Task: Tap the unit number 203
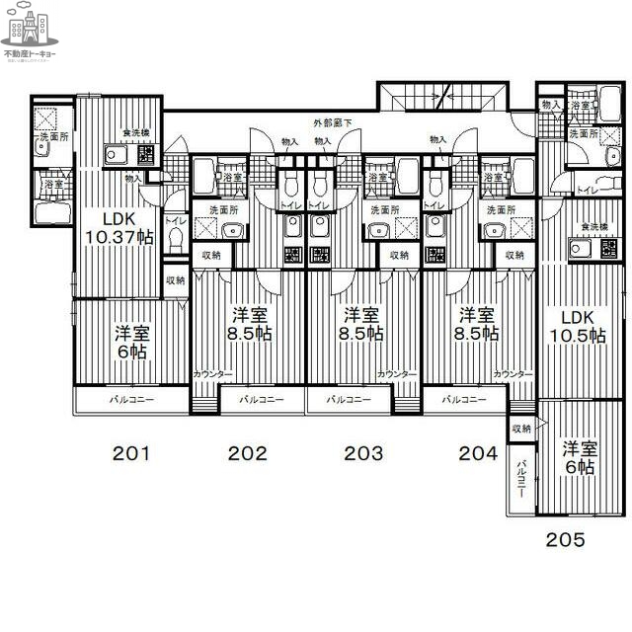[363, 454]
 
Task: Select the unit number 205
[565, 539]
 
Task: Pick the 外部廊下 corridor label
[333, 122]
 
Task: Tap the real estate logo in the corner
[30, 34]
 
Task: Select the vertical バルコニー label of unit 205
[520, 480]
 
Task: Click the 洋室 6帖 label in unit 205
[579, 457]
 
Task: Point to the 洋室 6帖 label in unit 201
[130, 342]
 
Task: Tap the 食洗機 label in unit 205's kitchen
[593, 228]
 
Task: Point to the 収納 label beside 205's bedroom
[521, 429]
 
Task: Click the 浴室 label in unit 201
[51, 184]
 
